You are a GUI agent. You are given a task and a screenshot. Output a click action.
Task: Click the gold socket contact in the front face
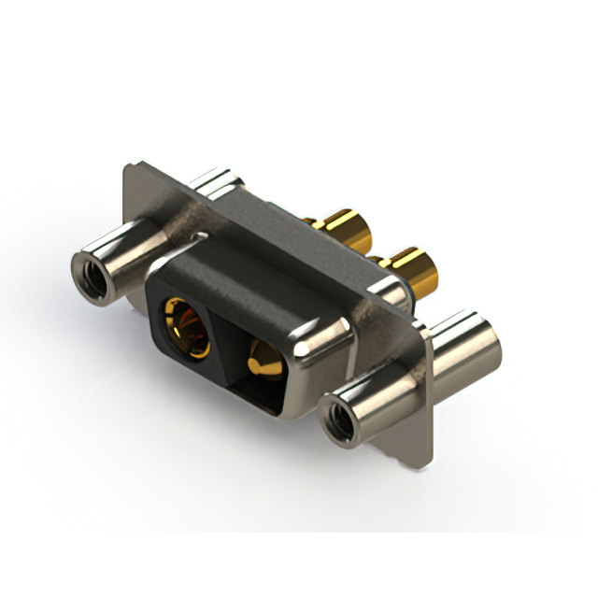coord(186,326)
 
